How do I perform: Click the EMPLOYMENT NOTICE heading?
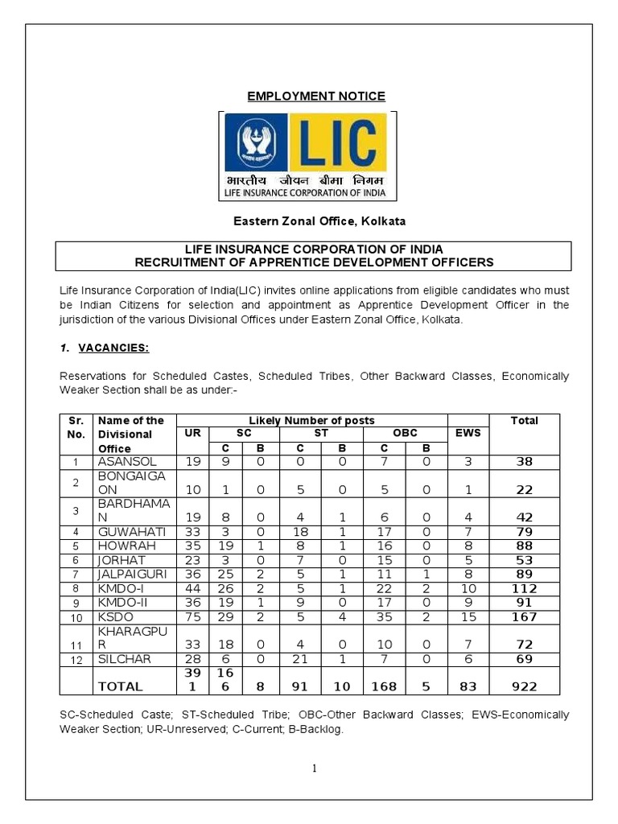(315, 97)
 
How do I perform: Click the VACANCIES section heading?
(113, 347)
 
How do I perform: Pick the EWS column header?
(468, 433)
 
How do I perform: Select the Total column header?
(524, 420)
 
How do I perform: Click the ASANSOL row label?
(125, 462)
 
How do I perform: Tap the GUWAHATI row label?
(132, 532)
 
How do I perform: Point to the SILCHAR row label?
(125, 659)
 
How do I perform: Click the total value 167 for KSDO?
(524, 617)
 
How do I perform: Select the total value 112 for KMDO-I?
(524, 589)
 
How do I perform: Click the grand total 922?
(524, 686)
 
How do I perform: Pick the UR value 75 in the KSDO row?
(192, 617)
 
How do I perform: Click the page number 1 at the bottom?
(315, 768)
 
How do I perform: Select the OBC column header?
(405, 433)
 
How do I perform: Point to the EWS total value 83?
(468, 686)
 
